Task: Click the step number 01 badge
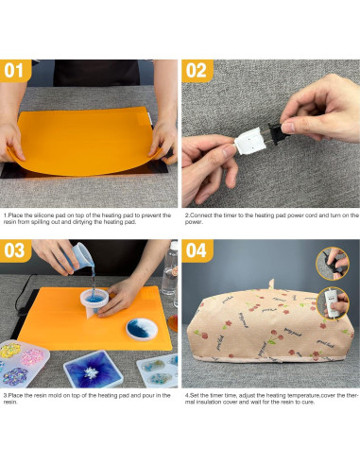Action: pyautogui.click(x=15, y=70)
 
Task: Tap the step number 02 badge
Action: pyautogui.click(x=197, y=70)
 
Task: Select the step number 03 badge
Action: pyautogui.click(x=15, y=250)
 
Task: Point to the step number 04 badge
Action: pyautogui.click(x=197, y=250)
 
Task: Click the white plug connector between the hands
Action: pyautogui.click(x=250, y=141)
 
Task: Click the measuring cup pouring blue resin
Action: pyautogui.click(x=79, y=256)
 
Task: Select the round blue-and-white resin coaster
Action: pyautogui.click(x=142, y=329)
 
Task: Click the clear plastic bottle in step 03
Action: pyautogui.click(x=169, y=269)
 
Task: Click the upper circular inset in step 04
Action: pyautogui.click(x=333, y=264)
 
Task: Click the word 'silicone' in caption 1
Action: pyautogui.click(x=43, y=215)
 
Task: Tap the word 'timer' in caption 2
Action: pyautogui.click(x=220, y=215)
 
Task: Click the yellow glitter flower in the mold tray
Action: pyautogui.click(x=9, y=351)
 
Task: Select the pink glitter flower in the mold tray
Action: pyautogui.click(x=32, y=356)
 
